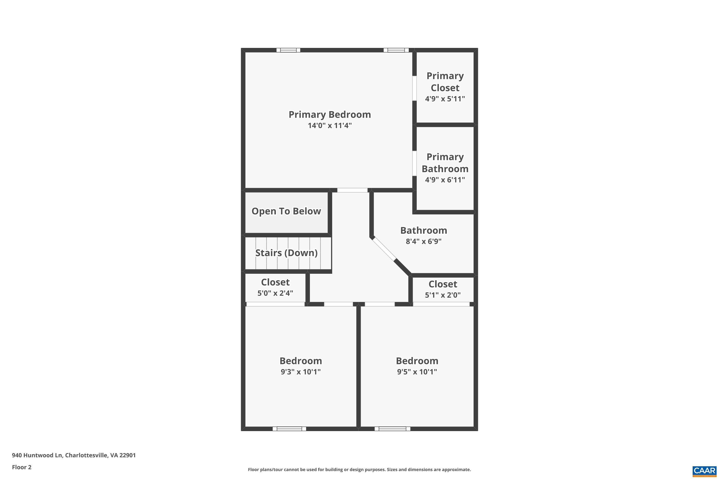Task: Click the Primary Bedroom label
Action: click(x=330, y=114)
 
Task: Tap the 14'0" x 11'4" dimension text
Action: click(x=330, y=125)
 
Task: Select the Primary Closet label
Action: click(x=445, y=82)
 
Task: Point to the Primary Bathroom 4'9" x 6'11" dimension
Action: click(x=445, y=180)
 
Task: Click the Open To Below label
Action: click(x=286, y=211)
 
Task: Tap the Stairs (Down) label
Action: click(x=286, y=253)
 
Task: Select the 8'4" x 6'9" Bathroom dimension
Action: click(x=423, y=241)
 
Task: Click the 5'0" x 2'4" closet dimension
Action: click(x=275, y=293)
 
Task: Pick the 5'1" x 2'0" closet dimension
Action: click(x=443, y=295)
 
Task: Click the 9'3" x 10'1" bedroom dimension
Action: click(x=301, y=372)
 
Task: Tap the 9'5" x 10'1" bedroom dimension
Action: click(x=417, y=372)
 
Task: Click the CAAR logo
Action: click(x=705, y=470)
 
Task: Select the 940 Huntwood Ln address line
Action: click(x=74, y=455)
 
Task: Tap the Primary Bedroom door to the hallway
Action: click(x=352, y=190)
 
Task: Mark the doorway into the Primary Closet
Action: click(x=415, y=88)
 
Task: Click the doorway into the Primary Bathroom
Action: click(x=415, y=163)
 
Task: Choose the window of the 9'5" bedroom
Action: click(x=392, y=429)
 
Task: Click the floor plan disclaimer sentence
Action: click(x=359, y=469)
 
